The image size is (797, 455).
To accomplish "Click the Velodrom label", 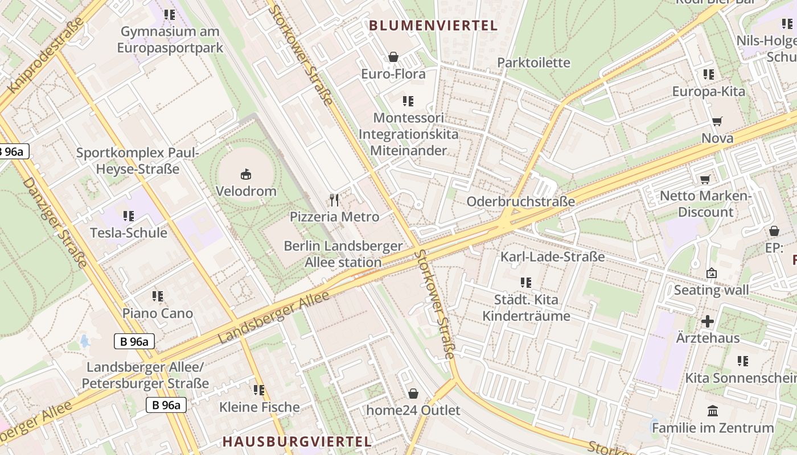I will coord(246,191).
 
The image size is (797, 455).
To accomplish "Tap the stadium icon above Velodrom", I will coord(246,174).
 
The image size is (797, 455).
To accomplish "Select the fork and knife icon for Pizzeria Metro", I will coord(334,200).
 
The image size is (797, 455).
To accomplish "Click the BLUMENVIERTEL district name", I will coord(433,26).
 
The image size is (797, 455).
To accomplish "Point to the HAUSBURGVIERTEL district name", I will coord(297,441).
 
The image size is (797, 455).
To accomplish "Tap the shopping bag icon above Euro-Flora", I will coord(393,57).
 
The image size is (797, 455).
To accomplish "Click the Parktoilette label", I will coord(533,63).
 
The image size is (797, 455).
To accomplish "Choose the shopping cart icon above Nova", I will coord(717,121).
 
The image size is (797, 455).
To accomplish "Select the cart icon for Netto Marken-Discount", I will coord(705,180).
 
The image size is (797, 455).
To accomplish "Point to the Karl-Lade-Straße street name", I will coord(552,257).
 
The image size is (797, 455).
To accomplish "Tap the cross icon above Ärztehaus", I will coord(707,321).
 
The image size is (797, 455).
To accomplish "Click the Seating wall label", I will coord(711,290).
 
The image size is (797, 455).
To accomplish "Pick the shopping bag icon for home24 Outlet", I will coord(413,394).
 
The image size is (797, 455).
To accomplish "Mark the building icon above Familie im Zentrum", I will coord(712,411).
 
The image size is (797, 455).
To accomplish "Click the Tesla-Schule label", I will coord(129,233).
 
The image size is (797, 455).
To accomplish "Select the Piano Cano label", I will coord(158,313).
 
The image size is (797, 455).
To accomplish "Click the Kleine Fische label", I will coord(260,407).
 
